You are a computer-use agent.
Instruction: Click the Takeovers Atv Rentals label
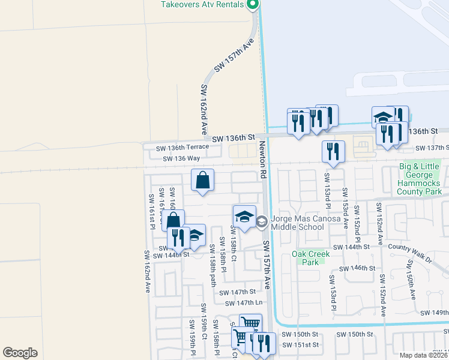201,4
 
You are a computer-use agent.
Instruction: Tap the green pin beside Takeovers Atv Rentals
253,5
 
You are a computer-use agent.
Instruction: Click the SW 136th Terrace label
182,147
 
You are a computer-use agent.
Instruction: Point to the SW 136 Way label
181,158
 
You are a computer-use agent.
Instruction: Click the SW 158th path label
212,263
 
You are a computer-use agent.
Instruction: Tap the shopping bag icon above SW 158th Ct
203,179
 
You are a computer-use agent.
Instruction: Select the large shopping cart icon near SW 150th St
250,324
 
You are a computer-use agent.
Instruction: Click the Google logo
20,353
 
